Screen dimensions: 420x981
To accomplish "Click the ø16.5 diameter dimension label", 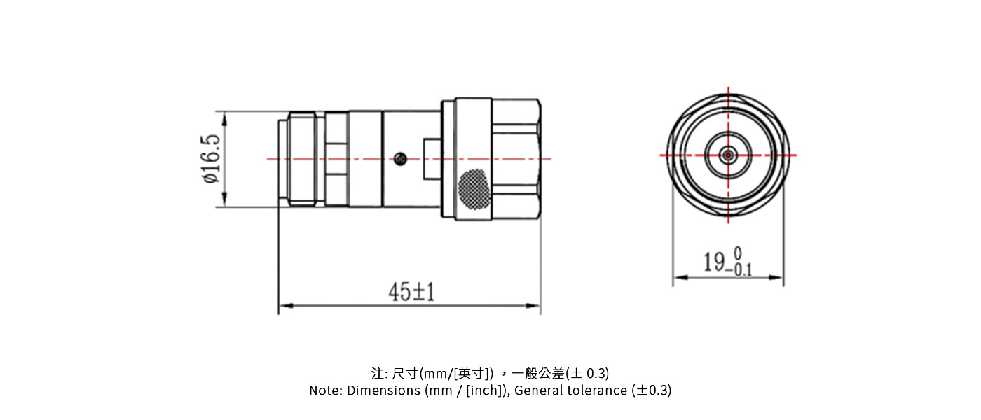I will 212,159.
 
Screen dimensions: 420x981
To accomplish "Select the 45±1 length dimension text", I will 411,292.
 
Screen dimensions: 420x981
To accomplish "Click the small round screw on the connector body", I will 401,158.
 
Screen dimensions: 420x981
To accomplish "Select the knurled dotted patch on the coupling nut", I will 474,190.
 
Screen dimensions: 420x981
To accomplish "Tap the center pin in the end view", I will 728,154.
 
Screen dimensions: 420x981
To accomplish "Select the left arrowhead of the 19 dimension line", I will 678,278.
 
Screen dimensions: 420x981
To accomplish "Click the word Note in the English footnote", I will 324,391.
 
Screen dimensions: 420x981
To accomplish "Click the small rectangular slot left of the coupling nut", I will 431,158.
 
